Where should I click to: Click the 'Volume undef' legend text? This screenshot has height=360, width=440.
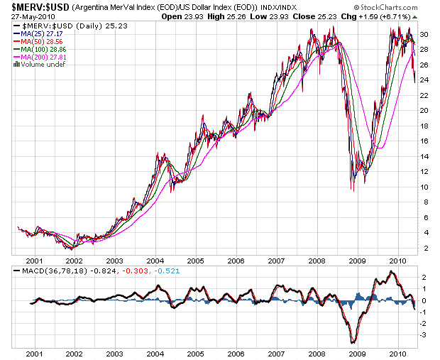[39, 65]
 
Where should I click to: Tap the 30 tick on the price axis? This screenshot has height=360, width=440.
[423, 35]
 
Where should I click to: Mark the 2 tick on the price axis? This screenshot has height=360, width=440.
[423, 248]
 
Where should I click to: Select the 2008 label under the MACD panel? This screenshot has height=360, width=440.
[317, 352]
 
